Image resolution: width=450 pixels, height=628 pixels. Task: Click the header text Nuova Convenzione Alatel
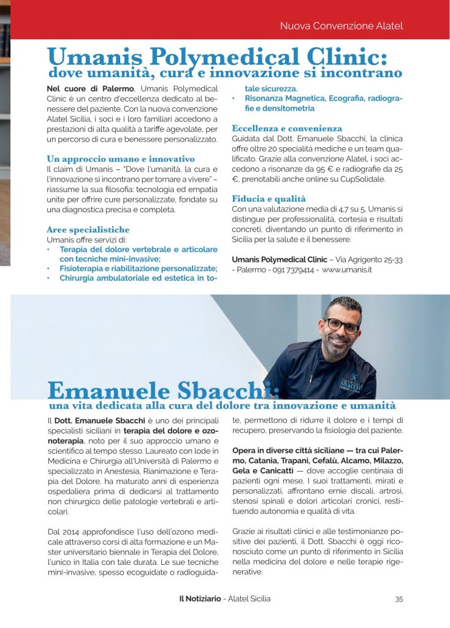(341, 26)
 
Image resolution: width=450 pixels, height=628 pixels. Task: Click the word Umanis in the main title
(93, 58)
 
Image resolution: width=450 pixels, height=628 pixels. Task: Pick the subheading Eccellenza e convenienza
(286, 128)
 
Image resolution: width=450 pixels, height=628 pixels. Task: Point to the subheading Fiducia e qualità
(269, 198)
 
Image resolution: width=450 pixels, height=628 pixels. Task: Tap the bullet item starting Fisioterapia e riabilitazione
(138, 269)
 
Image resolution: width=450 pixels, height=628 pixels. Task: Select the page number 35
(399, 599)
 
